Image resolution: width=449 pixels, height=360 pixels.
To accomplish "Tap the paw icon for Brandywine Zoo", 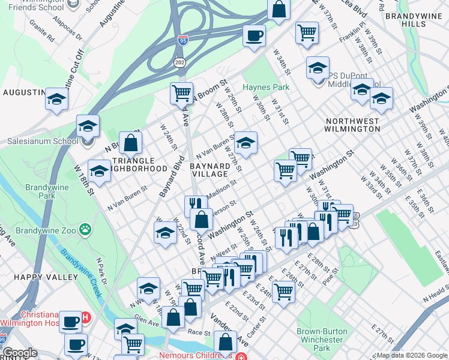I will point(87,229).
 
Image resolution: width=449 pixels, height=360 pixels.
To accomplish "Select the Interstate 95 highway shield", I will point(183,41).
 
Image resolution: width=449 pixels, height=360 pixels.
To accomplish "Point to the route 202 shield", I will point(179,62).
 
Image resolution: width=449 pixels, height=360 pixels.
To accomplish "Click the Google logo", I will point(20,353).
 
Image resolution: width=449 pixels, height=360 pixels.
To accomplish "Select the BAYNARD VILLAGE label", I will point(209,169).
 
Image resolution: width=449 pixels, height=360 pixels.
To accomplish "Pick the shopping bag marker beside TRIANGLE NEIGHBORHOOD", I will point(130,143).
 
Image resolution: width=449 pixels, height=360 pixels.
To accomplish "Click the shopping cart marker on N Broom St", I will point(181,94).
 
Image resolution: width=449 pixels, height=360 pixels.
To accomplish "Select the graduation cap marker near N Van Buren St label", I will point(245,143).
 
